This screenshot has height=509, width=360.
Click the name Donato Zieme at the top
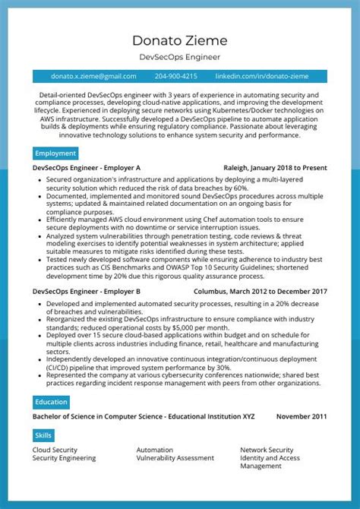[179, 40]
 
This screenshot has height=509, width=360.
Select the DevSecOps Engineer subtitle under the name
[179, 57]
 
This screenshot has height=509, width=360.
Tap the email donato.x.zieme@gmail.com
[93, 77]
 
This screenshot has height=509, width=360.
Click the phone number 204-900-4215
[175, 77]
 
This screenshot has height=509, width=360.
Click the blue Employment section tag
[55, 153]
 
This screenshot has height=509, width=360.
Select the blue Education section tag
[51, 402]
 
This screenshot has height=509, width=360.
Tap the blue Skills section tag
[43, 435]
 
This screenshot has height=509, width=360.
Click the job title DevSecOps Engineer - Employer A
[87, 168]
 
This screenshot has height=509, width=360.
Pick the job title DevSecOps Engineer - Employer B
[87, 292]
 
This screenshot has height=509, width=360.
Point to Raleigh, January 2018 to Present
[275, 168]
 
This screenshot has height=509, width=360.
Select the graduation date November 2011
[302, 417]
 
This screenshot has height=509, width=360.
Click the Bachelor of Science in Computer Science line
[144, 417]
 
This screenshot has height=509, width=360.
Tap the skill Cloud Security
[55, 450]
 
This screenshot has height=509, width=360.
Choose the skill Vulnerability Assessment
[175, 458]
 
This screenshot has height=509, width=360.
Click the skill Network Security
[267, 450]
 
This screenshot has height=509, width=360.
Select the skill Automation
[155, 450]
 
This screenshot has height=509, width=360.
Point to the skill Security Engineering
[64, 458]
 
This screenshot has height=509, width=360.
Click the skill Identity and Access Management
[270, 462]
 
